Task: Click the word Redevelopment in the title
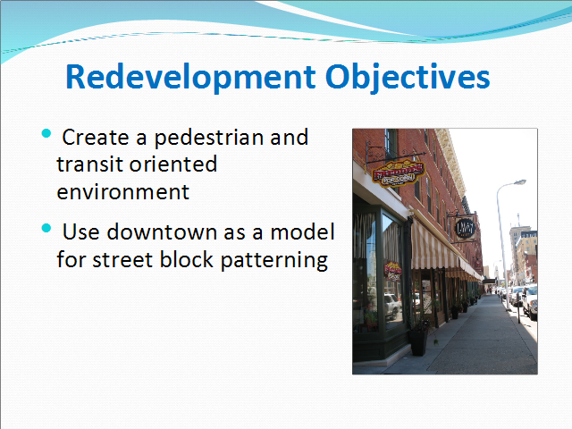point(190,77)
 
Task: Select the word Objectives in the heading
point(408,77)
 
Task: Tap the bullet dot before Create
point(46,133)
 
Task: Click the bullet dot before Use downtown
point(46,229)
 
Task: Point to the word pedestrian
point(208,138)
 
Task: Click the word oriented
point(173,164)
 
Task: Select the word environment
point(123,192)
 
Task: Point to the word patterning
point(274,260)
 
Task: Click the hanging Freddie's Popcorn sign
point(399,172)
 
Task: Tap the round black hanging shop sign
point(465,229)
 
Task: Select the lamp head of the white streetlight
point(519,182)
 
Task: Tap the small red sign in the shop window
point(392,272)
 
